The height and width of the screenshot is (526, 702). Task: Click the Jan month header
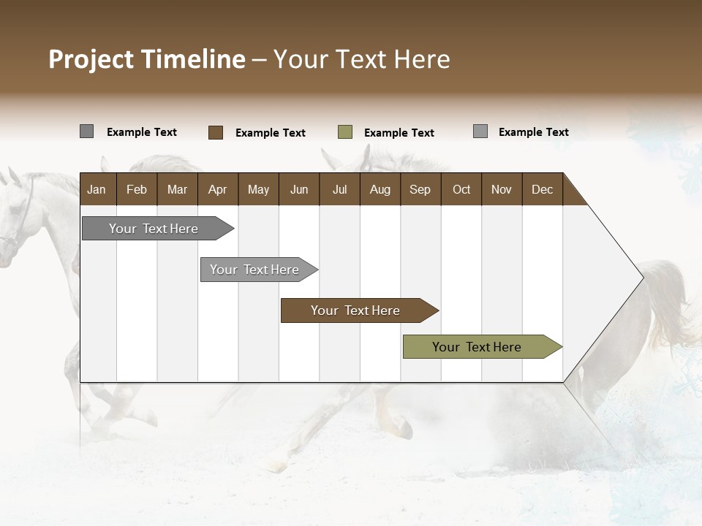pos(97,189)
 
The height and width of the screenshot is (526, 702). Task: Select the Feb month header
pos(137,189)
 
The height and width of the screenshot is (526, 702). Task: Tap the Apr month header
pos(217,189)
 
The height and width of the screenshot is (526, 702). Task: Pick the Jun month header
pos(299,189)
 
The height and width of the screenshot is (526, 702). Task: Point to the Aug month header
pos(380,189)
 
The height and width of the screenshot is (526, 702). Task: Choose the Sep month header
pos(420,189)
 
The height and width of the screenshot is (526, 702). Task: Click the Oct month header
pos(461,189)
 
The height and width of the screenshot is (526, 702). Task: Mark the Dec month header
pos(542,189)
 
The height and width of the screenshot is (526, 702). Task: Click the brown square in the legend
pos(216,132)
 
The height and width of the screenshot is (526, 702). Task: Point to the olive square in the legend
pos(345,132)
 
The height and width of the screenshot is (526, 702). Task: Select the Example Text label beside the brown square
pos(270,133)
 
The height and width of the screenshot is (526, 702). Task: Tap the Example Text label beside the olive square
pos(399,133)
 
